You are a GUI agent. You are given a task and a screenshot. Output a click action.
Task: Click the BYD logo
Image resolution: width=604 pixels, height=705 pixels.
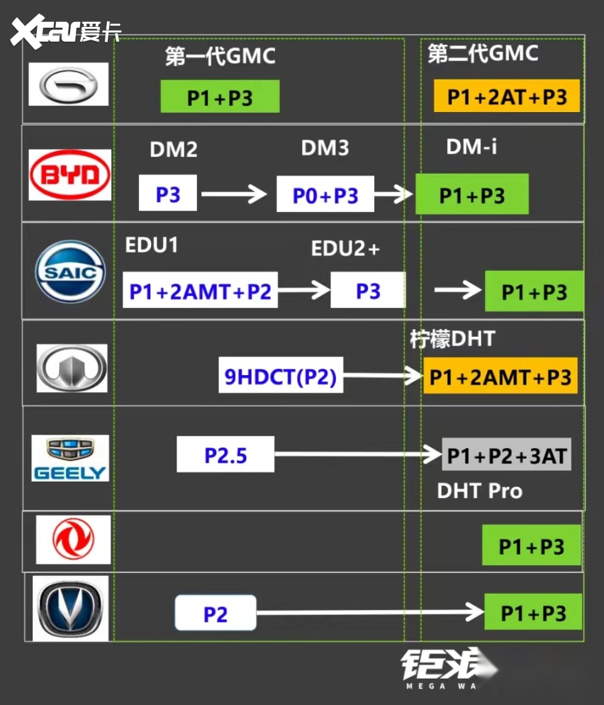tap(69, 174)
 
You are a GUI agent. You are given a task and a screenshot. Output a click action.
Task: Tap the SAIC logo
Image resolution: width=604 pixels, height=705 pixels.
tap(70, 271)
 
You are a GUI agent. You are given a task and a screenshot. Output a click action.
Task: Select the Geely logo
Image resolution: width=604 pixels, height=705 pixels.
tap(70, 457)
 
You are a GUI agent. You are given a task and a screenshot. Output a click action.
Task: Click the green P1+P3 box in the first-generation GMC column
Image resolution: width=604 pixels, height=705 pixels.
tap(220, 97)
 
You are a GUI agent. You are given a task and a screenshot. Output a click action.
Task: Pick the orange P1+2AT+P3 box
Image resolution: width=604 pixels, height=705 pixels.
tap(507, 96)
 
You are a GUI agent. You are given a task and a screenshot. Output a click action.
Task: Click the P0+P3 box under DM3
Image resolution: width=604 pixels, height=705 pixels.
tap(325, 194)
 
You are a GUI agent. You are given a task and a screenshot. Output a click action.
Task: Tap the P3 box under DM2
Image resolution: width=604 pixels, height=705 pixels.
tap(168, 193)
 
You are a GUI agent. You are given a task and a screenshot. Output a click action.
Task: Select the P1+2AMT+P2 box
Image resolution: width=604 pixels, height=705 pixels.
tap(200, 291)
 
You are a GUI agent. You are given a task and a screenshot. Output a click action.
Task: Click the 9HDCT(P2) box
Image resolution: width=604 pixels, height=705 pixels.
tap(280, 377)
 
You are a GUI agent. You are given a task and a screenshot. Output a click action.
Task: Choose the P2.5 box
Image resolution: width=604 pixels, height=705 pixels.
tap(225, 455)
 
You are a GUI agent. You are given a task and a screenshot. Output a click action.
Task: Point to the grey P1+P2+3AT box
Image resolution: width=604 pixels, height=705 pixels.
tap(506, 455)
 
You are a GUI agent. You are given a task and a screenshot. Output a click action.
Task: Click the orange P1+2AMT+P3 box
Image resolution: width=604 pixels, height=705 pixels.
tap(500, 376)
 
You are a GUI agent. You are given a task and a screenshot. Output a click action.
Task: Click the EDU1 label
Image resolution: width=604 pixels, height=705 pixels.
tap(151, 245)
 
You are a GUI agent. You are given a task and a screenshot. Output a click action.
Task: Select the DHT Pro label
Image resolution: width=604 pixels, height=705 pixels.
tap(479, 491)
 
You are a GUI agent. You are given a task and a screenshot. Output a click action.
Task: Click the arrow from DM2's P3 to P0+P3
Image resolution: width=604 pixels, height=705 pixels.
tap(234, 193)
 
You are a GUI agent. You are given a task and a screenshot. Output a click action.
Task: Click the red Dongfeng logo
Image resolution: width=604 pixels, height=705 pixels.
tap(74, 540)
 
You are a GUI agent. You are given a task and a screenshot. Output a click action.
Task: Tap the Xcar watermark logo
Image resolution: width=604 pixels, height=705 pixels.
tap(64, 31)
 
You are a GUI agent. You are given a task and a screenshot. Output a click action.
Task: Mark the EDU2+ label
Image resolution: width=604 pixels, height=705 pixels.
tap(345, 250)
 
